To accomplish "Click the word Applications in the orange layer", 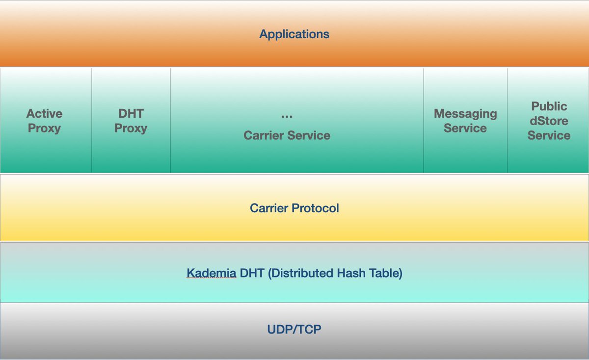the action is pyautogui.click(x=294, y=34).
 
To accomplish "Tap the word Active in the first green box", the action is pyautogui.click(x=45, y=113).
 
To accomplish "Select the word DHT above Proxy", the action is pyautogui.click(x=131, y=113).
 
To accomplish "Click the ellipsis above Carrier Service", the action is pyautogui.click(x=287, y=116).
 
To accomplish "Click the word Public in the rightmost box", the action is pyautogui.click(x=549, y=106).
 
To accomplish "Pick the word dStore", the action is pyautogui.click(x=549, y=121).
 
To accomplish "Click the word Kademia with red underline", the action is pyautogui.click(x=212, y=273).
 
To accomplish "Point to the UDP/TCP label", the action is pyautogui.click(x=294, y=329).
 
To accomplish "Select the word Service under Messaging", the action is pyautogui.click(x=465, y=128).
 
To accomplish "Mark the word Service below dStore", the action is pyautogui.click(x=549, y=135).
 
